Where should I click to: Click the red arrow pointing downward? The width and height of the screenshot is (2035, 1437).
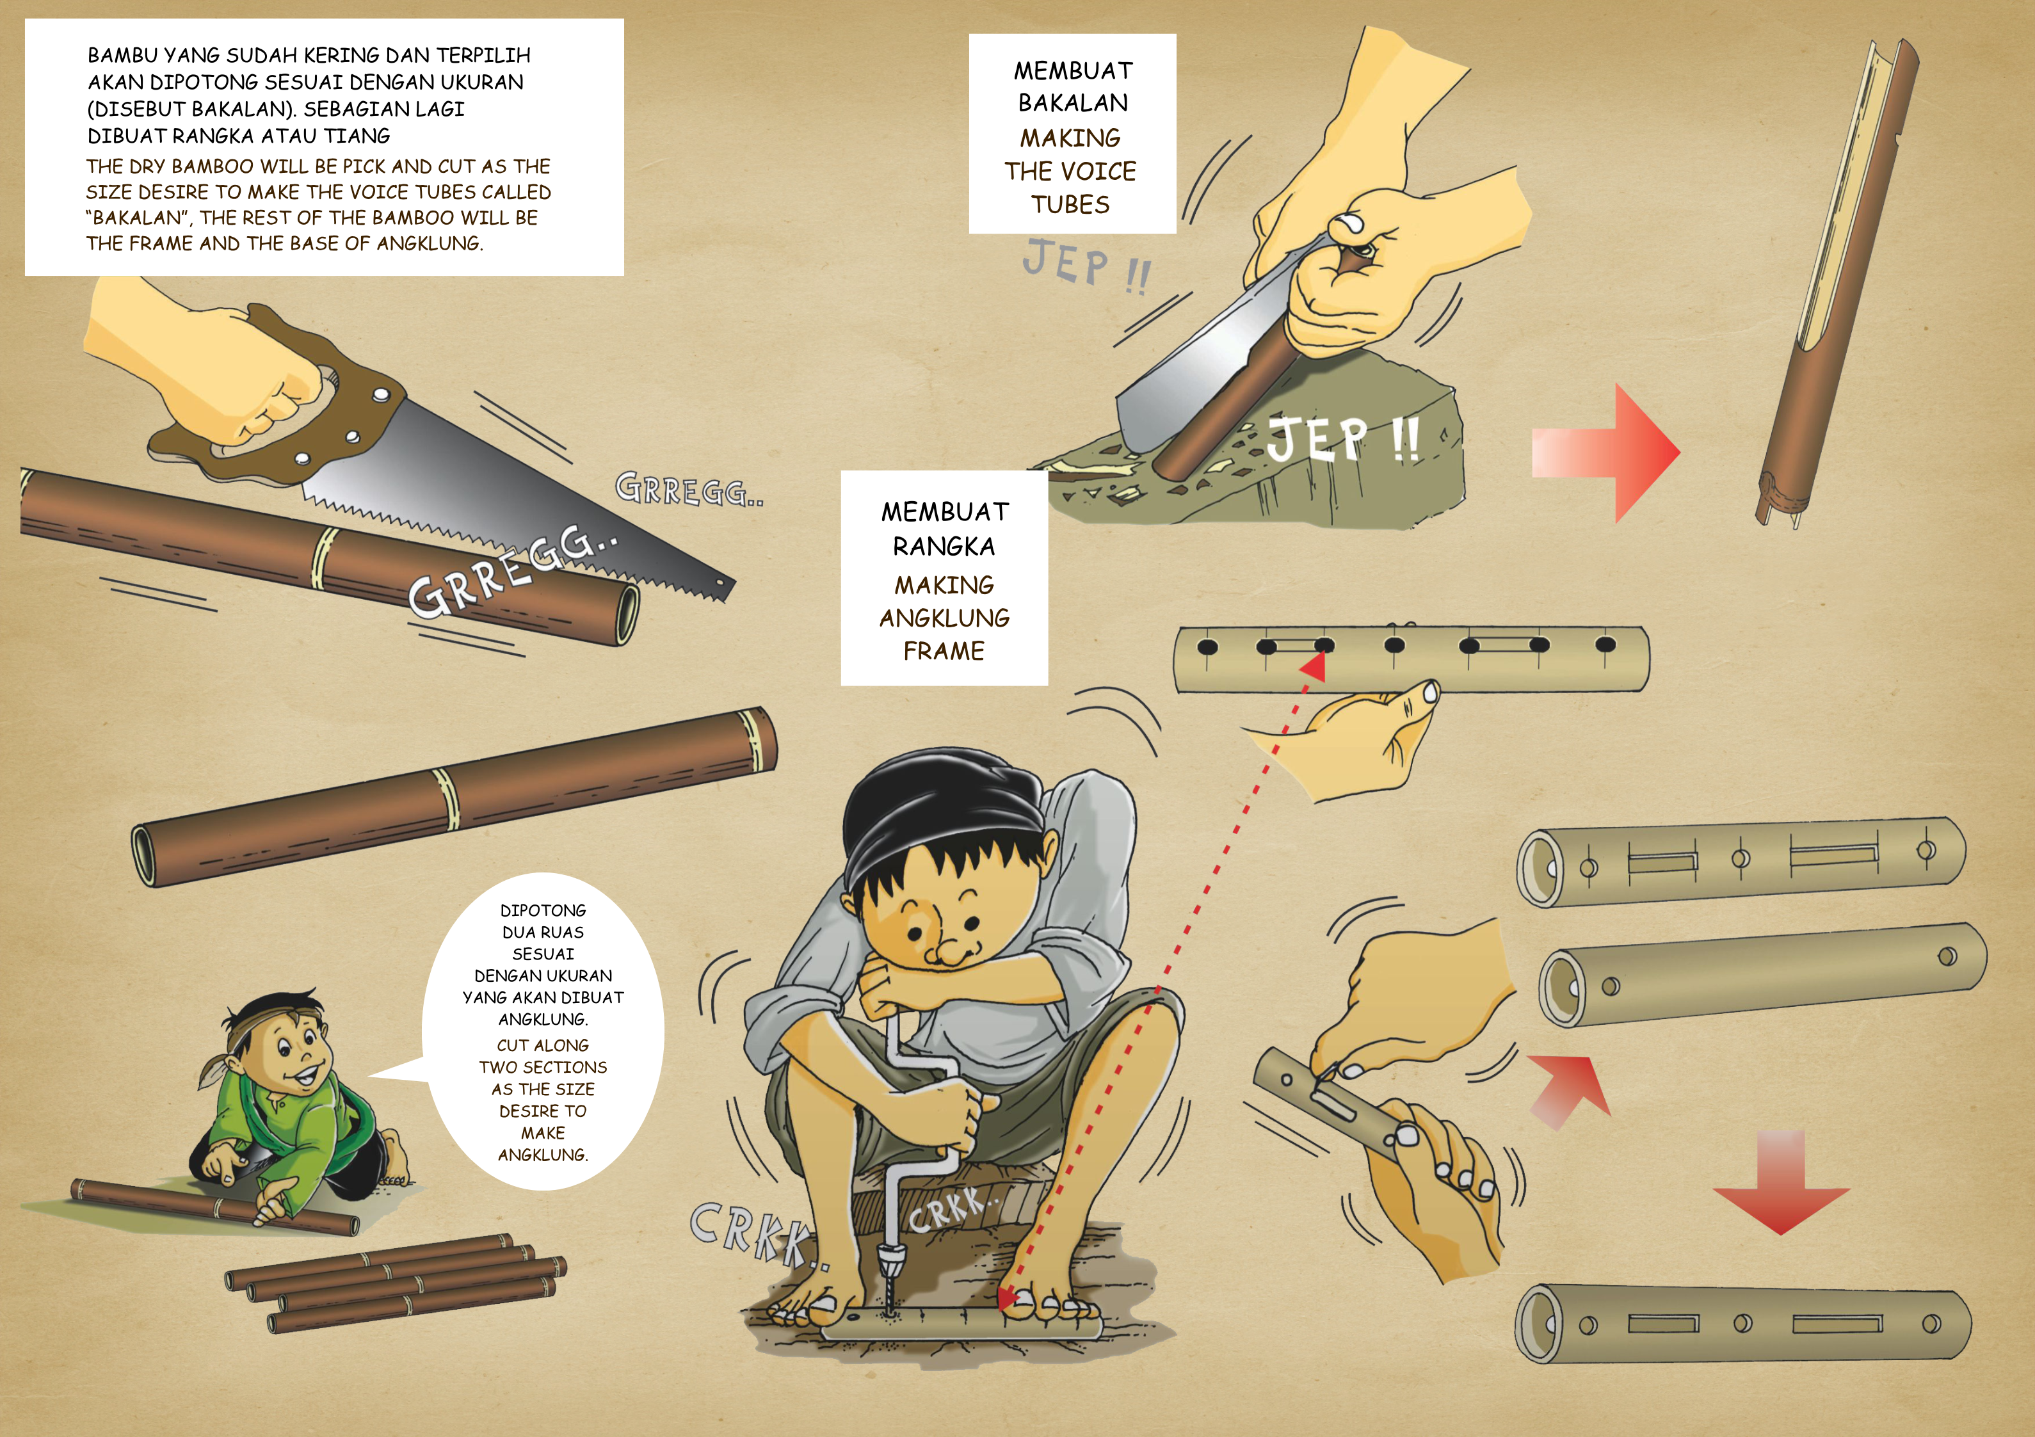(x=1782, y=1183)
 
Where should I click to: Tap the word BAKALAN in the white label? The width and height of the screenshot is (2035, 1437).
(x=1072, y=103)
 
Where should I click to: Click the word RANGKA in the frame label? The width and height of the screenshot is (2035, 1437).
(x=944, y=546)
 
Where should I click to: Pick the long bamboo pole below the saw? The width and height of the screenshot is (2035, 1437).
(x=454, y=796)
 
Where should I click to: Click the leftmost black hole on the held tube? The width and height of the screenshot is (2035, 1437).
(x=1206, y=646)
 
